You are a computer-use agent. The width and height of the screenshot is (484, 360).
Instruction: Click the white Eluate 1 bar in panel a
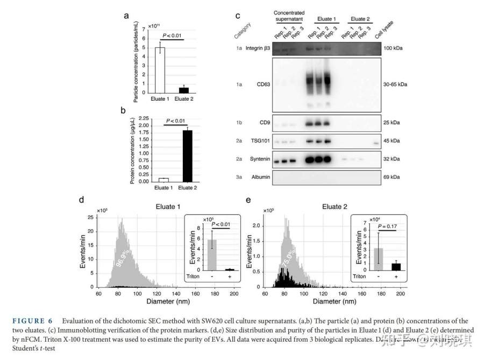pyautogui.click(x=160, y=70)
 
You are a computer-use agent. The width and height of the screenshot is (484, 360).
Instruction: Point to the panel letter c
pyautogui.click(x=237, y=17)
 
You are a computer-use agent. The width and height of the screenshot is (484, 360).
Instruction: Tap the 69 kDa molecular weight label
pyautogui.click(x=392, y=177)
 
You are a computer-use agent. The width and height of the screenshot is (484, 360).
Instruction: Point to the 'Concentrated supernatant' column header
pyautogui.click(x=289, y=16)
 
